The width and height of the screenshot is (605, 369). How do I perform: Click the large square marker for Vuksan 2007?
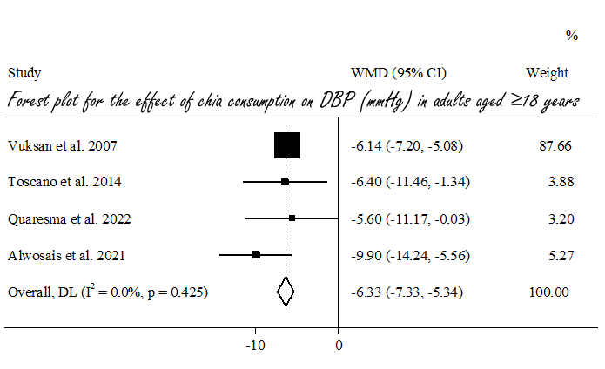(286, 145)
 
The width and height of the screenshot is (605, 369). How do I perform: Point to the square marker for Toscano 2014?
(285, 182)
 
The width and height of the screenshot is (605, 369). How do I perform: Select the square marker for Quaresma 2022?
(292, 218)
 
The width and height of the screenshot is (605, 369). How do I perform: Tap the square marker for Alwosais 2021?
(256, 254)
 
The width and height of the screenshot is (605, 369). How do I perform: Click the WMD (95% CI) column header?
(398, 73)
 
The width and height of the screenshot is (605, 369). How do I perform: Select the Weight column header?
(547, 73)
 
